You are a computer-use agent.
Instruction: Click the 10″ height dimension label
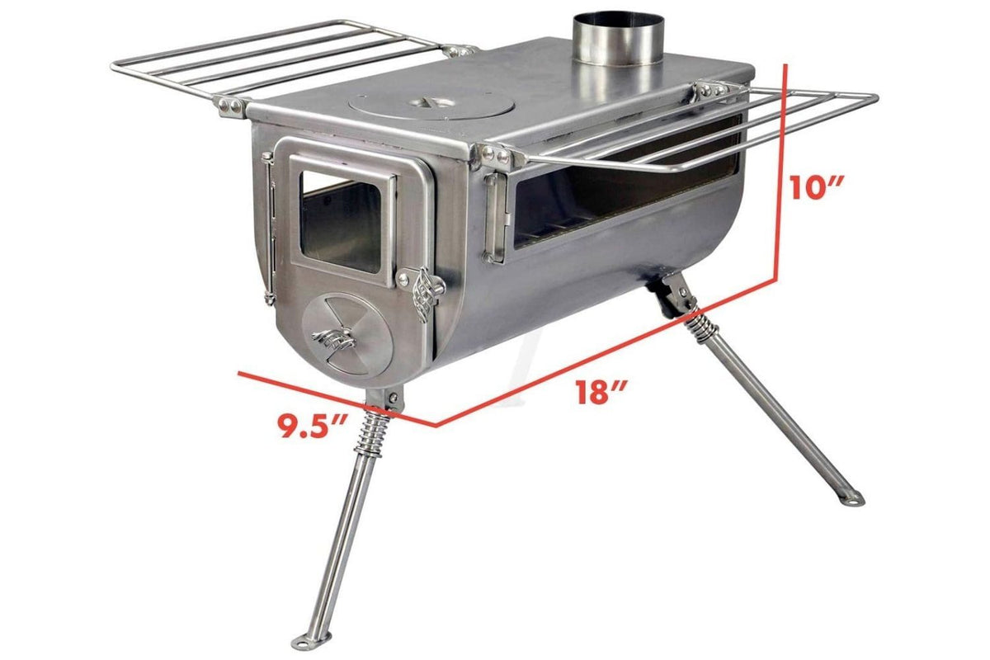(813, 187)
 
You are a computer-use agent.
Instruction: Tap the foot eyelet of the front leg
(316, 639)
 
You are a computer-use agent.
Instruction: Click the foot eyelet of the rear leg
(851, 498)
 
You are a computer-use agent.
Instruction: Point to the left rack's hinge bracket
(229, 105)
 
